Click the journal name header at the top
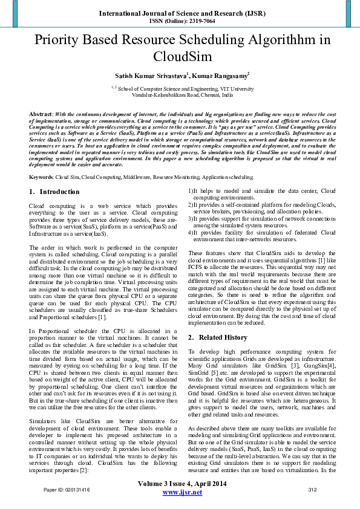click(x=180, y=12)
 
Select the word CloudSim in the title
click(x=180, y=57)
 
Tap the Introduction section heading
click(x=59, y=192)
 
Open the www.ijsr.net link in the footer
click(x=183, y=493)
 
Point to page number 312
click(x=313, y=490)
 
